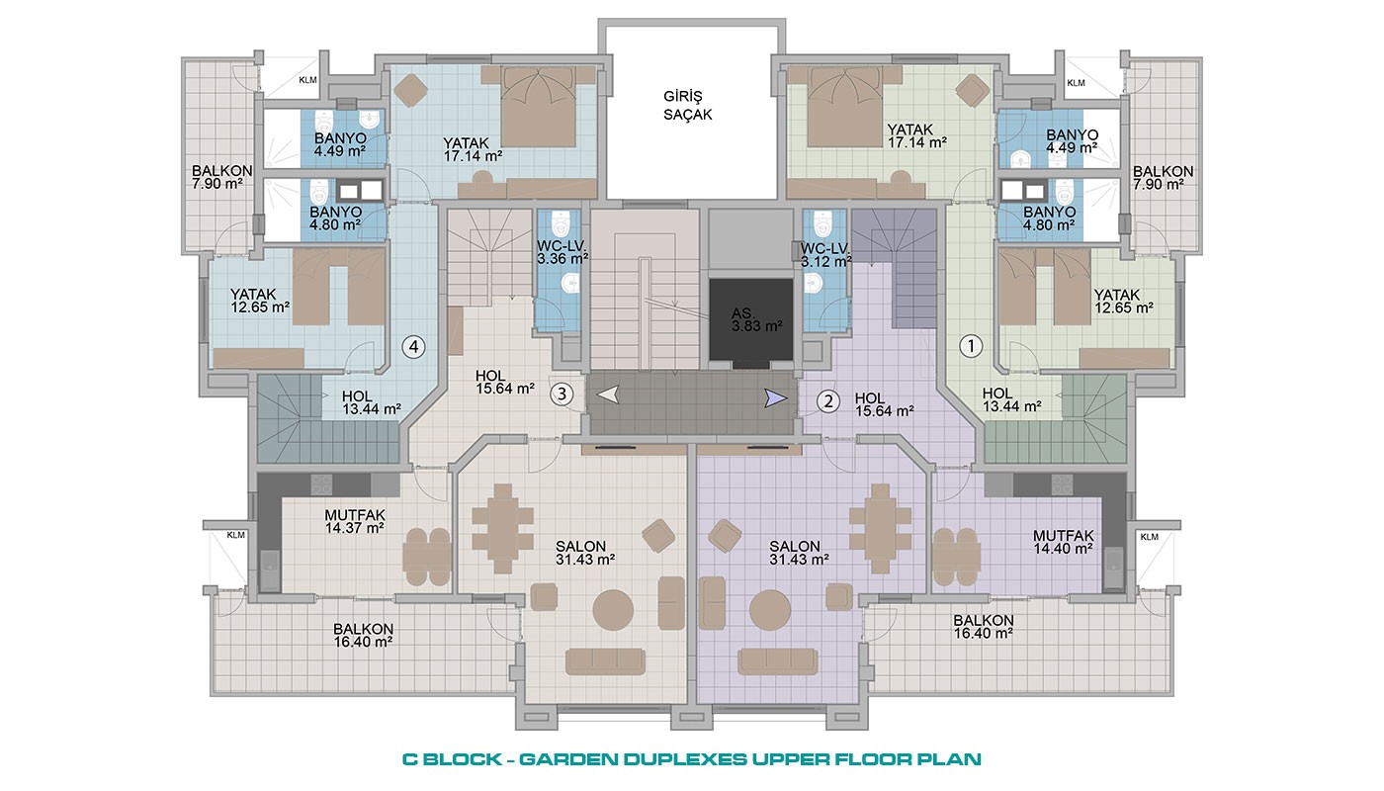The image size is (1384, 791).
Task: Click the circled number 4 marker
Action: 414,347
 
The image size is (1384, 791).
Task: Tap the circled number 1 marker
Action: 971,346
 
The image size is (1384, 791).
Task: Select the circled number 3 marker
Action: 562,394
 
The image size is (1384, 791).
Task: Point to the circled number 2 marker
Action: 828,401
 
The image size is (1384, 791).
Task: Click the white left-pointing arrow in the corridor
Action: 609,395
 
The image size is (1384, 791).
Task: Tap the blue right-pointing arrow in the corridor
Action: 775,397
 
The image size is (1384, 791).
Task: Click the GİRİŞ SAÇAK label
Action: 688,106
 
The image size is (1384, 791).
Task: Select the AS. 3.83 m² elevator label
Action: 757,319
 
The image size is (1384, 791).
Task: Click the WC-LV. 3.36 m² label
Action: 562,252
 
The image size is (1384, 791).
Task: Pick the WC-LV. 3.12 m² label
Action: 826,255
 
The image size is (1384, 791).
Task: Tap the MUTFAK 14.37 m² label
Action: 355,521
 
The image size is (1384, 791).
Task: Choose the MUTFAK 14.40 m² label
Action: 1064,542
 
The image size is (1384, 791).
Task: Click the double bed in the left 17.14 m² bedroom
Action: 538,107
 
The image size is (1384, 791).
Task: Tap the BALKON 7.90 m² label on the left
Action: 221,177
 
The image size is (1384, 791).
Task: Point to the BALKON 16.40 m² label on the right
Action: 983,627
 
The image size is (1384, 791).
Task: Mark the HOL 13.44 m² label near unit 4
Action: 372,402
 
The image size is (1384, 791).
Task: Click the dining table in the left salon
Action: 503,529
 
